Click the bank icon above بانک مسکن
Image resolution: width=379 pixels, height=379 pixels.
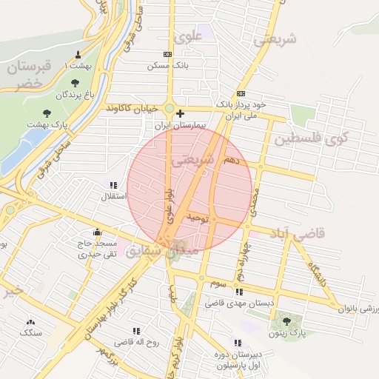click(167, 54)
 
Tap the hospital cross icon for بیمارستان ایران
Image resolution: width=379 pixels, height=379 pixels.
click(180, 114)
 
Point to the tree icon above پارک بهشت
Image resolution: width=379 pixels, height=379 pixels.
click(47, 113)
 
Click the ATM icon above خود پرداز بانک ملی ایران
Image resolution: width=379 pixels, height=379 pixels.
click(241, 94)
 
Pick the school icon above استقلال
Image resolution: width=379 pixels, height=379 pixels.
click(113, 185)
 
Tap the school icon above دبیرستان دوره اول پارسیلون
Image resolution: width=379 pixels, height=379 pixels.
click(237, 343)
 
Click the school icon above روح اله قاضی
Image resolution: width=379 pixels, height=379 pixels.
click(136, 331)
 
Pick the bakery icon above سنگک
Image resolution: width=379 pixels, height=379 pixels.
click(31, 322)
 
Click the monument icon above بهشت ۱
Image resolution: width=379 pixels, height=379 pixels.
click(78, 55)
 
